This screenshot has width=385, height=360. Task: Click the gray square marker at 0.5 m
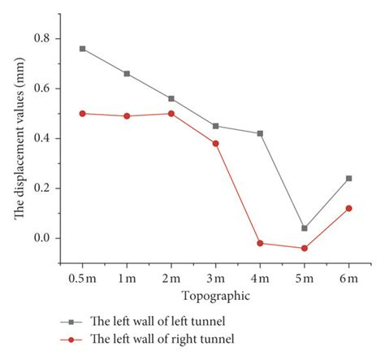[82, 49]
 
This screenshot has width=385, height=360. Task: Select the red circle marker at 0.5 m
[82, 114]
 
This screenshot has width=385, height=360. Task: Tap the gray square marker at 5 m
[305, 228]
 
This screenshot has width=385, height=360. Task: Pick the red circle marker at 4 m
[260, 243]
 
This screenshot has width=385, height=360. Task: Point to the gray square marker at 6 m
[348, 178]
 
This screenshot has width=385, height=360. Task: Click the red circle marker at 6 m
[348, 208]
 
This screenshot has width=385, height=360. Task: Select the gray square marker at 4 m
[260, 133]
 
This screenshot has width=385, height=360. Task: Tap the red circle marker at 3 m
[215, 143]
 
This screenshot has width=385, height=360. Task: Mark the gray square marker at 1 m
[127, 74]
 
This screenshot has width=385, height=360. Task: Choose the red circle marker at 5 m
[305, 248]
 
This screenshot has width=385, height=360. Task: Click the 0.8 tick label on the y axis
[40, 39]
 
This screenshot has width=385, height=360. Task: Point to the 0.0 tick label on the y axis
[40, 238]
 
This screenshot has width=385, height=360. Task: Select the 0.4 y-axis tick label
[40, 139]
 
